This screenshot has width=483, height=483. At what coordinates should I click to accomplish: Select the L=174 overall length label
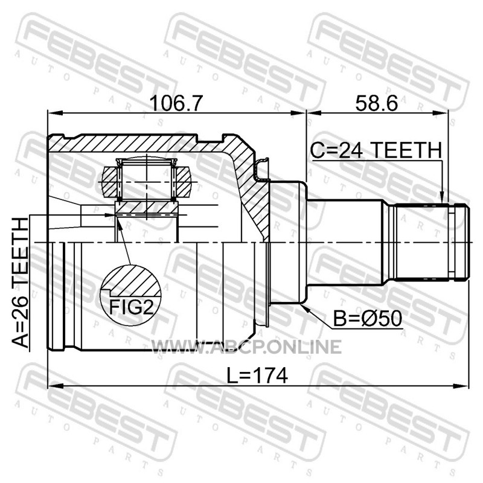[257, 375]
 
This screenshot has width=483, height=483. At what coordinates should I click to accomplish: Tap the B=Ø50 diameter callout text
[368, 318]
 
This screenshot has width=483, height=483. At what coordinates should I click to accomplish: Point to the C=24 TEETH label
[376, 150]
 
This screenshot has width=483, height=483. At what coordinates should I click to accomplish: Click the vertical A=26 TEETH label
[20, 283]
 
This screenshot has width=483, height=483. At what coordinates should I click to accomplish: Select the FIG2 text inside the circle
[132, 307]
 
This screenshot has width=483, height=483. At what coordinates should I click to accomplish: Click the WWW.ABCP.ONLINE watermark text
[246, 347]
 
